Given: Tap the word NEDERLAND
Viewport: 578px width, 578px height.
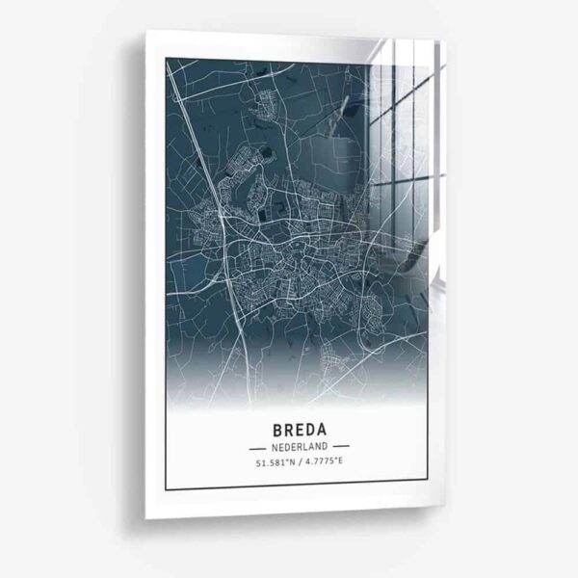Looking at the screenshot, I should click(299, 447).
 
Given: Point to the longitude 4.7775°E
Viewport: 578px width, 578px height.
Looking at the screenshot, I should click(325, 464).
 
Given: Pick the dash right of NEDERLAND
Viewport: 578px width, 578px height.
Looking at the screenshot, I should click(341, 447).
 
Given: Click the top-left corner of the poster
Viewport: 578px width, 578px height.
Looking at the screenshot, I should click(146, 31).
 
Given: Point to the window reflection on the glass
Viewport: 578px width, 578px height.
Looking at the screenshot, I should click(405, 125).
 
